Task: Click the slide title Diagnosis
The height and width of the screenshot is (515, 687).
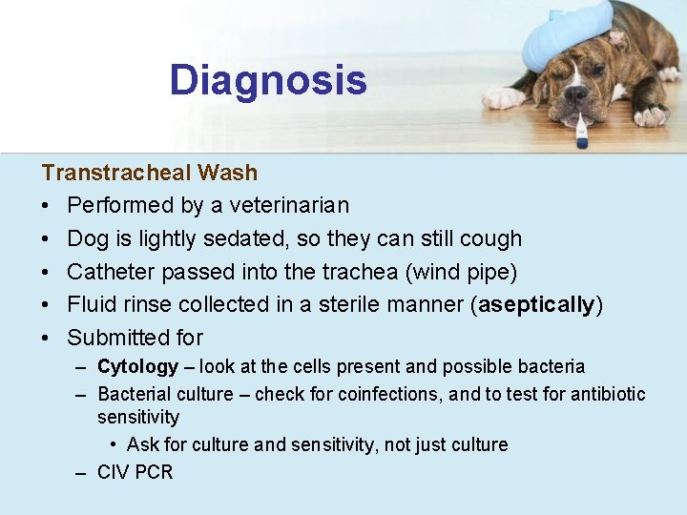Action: [x=268, y=80]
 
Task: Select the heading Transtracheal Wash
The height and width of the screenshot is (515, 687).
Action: [x=149, y=173]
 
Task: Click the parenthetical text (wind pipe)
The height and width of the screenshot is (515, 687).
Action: [x=462, y=272]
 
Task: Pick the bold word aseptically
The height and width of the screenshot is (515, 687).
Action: [x=537, y=304]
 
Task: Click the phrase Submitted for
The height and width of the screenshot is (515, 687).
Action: [x=135, y=338]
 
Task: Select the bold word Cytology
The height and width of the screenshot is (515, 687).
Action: [x=137, y=367]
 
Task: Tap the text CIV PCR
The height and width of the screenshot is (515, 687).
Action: [x=135, y=472]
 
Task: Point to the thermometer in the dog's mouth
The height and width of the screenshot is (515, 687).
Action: [x=580, y=130]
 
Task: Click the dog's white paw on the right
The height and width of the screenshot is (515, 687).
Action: [x=652, y=115]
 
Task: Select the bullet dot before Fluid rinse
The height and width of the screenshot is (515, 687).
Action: [x=46, y=305]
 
